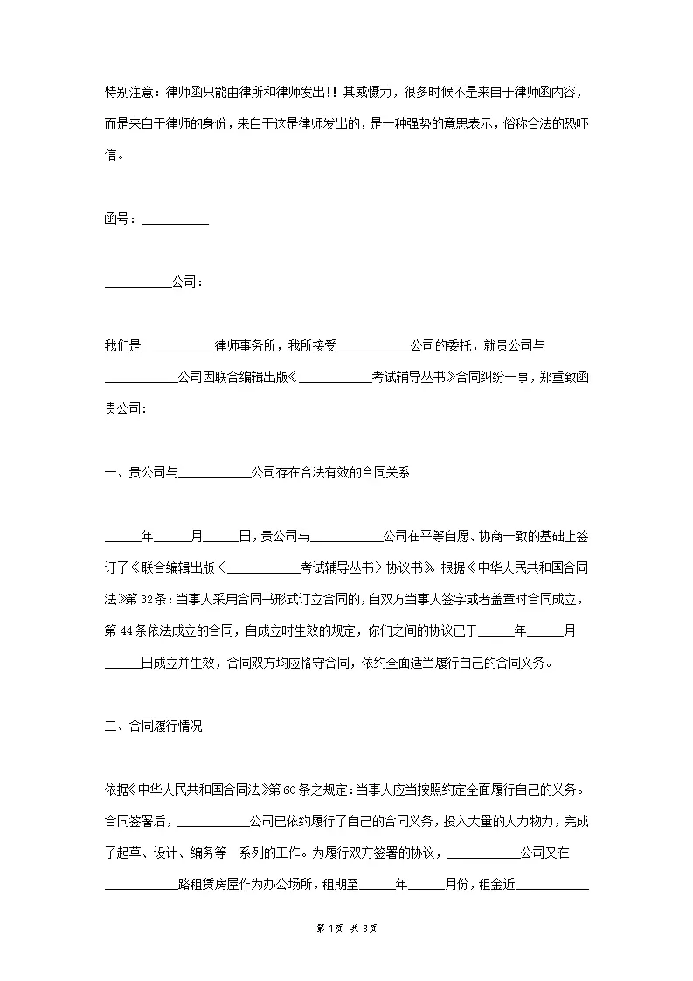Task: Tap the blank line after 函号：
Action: [x=175, y=219]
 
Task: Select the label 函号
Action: [x=116, y=219]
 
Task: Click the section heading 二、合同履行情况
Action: [x=154, y=725]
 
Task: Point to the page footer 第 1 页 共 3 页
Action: [x=346, y=952]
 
